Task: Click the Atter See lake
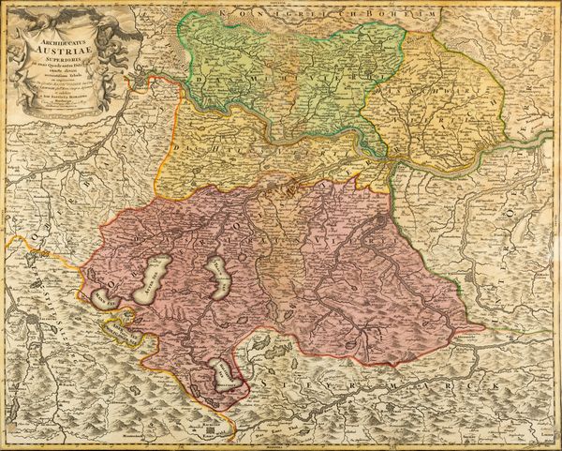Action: [152, 278]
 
